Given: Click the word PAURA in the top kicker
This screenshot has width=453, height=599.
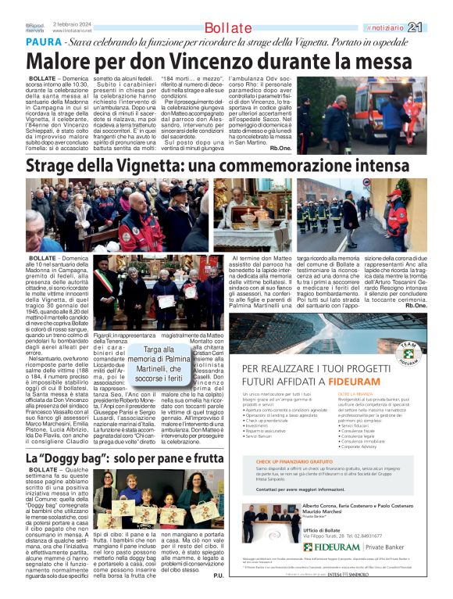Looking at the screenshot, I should [x=42, y=41].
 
